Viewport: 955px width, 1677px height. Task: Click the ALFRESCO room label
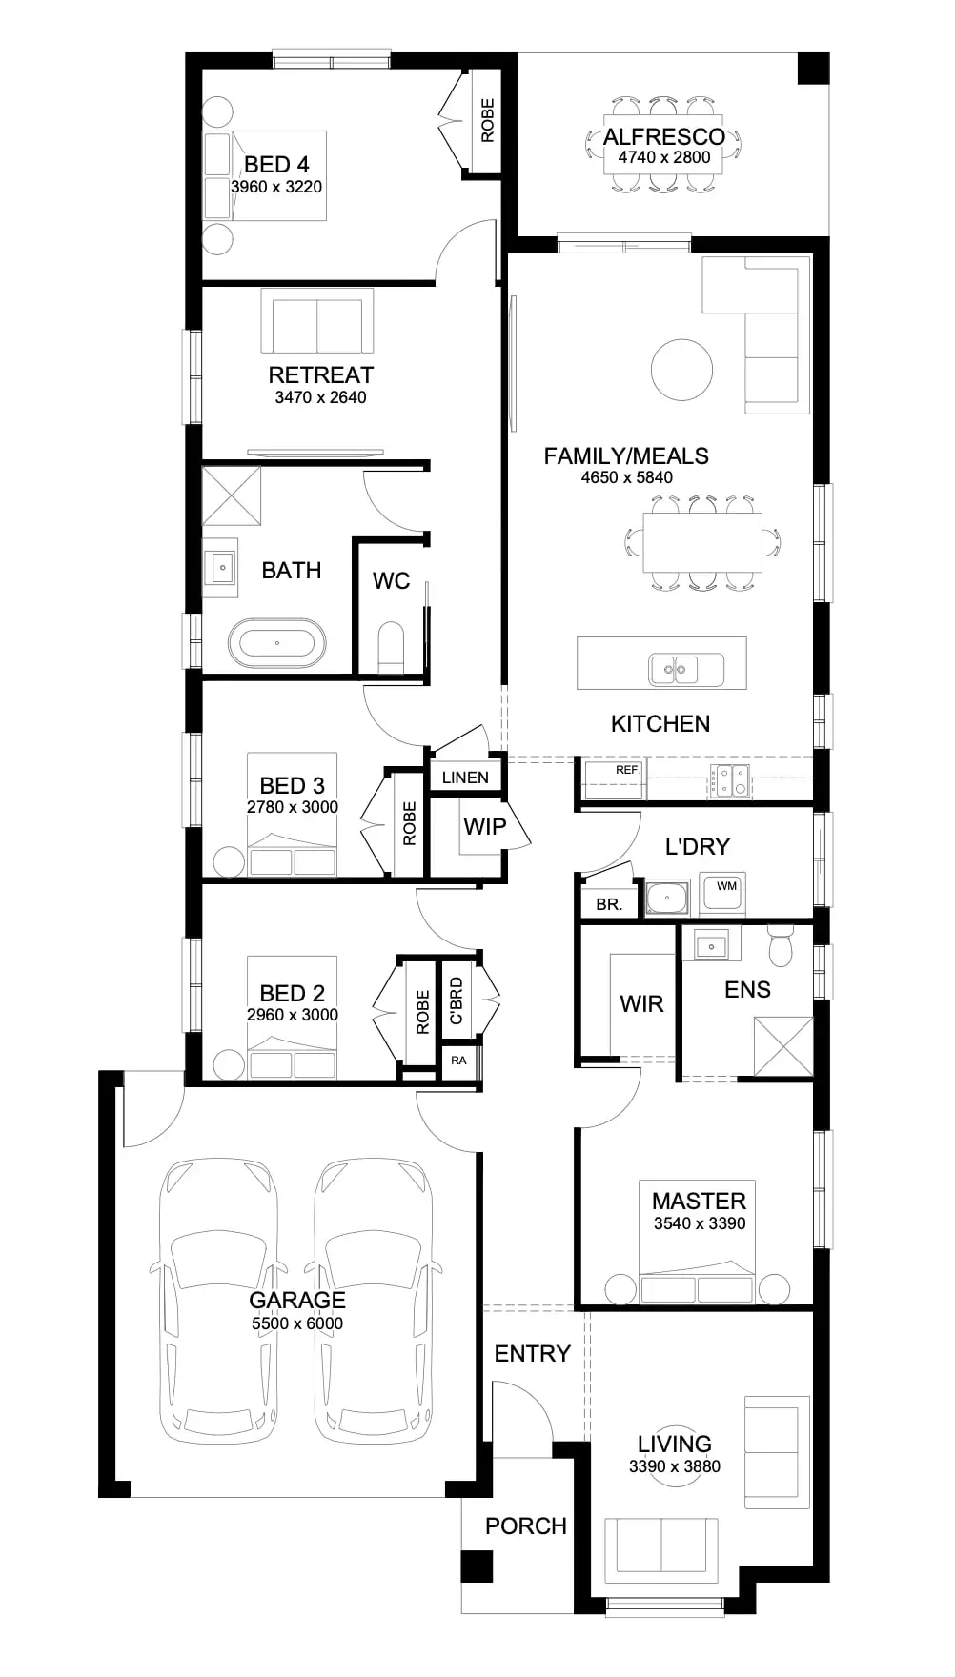(663, 137)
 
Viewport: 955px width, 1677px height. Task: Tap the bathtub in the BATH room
(276, 643)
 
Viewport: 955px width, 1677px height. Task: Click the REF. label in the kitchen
(626, 770)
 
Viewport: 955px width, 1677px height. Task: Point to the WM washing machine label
(726, 886)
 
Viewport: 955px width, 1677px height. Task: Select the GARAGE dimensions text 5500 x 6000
(297, 1323)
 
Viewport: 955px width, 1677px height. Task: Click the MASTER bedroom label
(699, 1202)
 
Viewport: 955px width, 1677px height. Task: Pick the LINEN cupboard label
(465, 778)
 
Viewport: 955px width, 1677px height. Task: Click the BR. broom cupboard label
(608, 905)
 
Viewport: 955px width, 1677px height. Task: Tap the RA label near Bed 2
(459, 1061)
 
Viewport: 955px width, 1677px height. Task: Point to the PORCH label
(525, 1526)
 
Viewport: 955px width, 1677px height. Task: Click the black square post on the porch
(476, 1567)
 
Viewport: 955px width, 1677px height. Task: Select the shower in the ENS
(782, 1047)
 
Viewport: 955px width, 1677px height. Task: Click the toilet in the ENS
(781, 947)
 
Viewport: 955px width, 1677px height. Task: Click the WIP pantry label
(484, 826)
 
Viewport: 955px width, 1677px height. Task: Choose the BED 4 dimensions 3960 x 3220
(276, 187)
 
